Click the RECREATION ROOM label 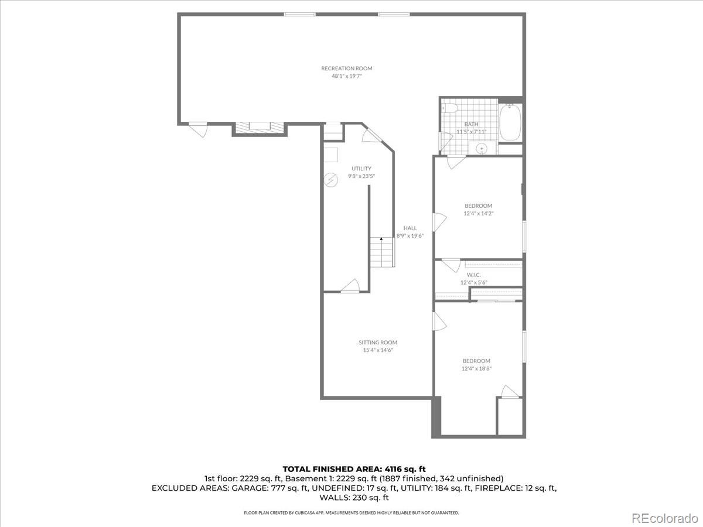point(346,69)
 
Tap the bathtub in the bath point(509,122)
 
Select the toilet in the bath point(449,108)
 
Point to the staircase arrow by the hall point(381,239)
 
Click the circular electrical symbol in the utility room point(331,180)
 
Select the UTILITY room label point(361,169)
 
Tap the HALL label point(410,228)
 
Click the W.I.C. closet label point(474,275)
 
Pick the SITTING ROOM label point(378,343)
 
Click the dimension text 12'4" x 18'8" point(477,369)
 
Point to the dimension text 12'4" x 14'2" point(478,214)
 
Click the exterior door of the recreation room point(199,129)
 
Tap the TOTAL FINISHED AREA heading point(354,468)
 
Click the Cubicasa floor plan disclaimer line point(351,513)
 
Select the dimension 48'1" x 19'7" point(346,76)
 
